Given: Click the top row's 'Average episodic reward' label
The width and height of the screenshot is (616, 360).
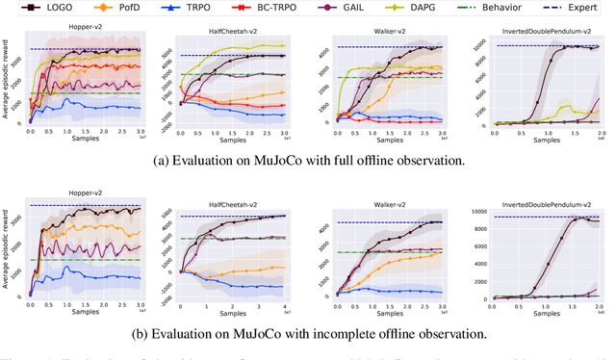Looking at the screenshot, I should pos(8,85).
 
